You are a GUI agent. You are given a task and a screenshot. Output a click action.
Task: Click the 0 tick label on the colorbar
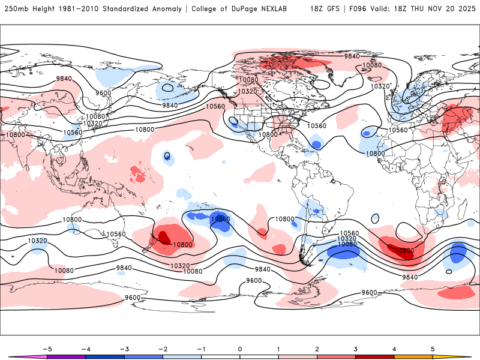(240, 349)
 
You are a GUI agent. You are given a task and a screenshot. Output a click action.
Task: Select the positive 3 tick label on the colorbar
(356, 349)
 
